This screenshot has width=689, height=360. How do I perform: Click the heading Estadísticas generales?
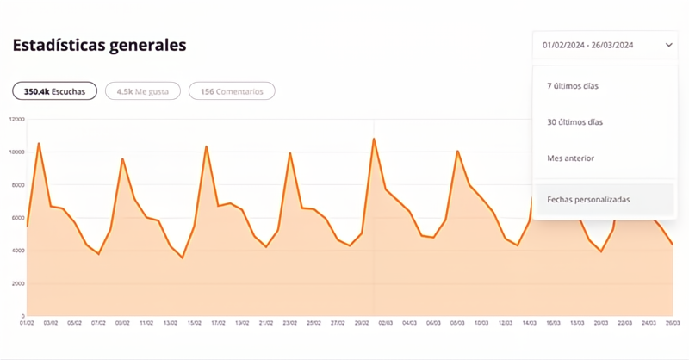pos(99,46)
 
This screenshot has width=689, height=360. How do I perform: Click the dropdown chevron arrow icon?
pos(668,46)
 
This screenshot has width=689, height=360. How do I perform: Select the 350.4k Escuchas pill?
pos(54,90)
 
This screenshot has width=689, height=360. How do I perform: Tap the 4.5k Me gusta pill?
pos(143,90)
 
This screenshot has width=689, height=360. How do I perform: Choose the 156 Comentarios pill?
pos(232,90)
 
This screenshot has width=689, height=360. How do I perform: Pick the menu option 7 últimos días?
pos(572,86)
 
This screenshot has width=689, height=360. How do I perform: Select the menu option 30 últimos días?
pos(574,122)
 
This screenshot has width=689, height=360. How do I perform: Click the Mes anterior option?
pos(570,158)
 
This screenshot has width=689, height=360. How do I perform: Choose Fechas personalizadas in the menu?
pos(588,200)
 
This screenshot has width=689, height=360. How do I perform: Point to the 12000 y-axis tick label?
pos(16,119)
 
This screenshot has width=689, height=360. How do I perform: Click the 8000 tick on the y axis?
pos(17,185)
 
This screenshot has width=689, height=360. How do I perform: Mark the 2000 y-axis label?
pos(17,283)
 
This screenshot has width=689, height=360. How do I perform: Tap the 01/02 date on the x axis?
pos(27,323)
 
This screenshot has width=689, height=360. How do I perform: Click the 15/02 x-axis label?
pos(195,323)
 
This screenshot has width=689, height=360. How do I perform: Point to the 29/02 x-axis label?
pos(362,323)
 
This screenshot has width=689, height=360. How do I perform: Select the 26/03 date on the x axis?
pos(673,323)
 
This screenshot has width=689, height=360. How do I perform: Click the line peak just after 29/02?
pos(374,139)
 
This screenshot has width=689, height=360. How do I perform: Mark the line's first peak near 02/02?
pos(39,143)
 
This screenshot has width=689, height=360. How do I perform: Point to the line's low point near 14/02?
pos(183,258)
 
